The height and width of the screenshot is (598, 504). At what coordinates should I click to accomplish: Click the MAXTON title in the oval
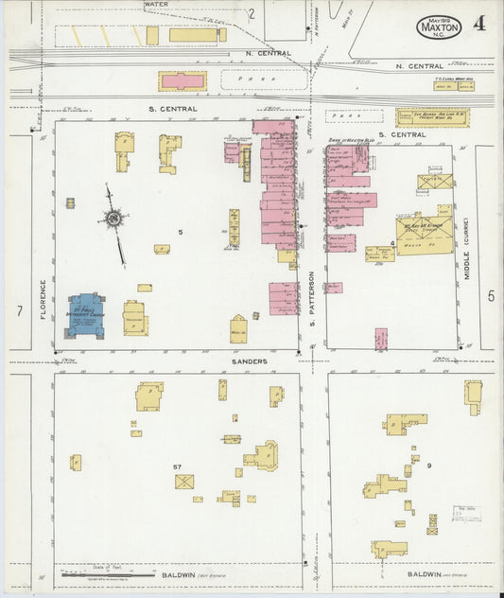(440, 28)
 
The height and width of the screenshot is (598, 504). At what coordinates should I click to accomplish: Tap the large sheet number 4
(480, 24)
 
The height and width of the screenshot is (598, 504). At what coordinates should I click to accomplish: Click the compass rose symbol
(114, 220)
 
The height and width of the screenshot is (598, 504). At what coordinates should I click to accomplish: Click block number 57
(177, 467)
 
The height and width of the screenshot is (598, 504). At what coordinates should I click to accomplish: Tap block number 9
(428, 466)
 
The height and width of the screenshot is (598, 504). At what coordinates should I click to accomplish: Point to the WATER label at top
(157, 5)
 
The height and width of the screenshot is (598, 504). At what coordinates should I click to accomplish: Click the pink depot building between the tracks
(182, 81)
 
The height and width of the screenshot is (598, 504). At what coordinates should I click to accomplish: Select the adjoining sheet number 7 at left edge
(18, 311)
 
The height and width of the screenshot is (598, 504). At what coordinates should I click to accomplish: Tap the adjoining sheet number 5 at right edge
(491, 296)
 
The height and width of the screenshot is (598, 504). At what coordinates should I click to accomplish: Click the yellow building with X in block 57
(184, 482)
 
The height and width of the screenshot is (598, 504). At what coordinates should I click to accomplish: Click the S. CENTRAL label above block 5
(172, 109)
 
